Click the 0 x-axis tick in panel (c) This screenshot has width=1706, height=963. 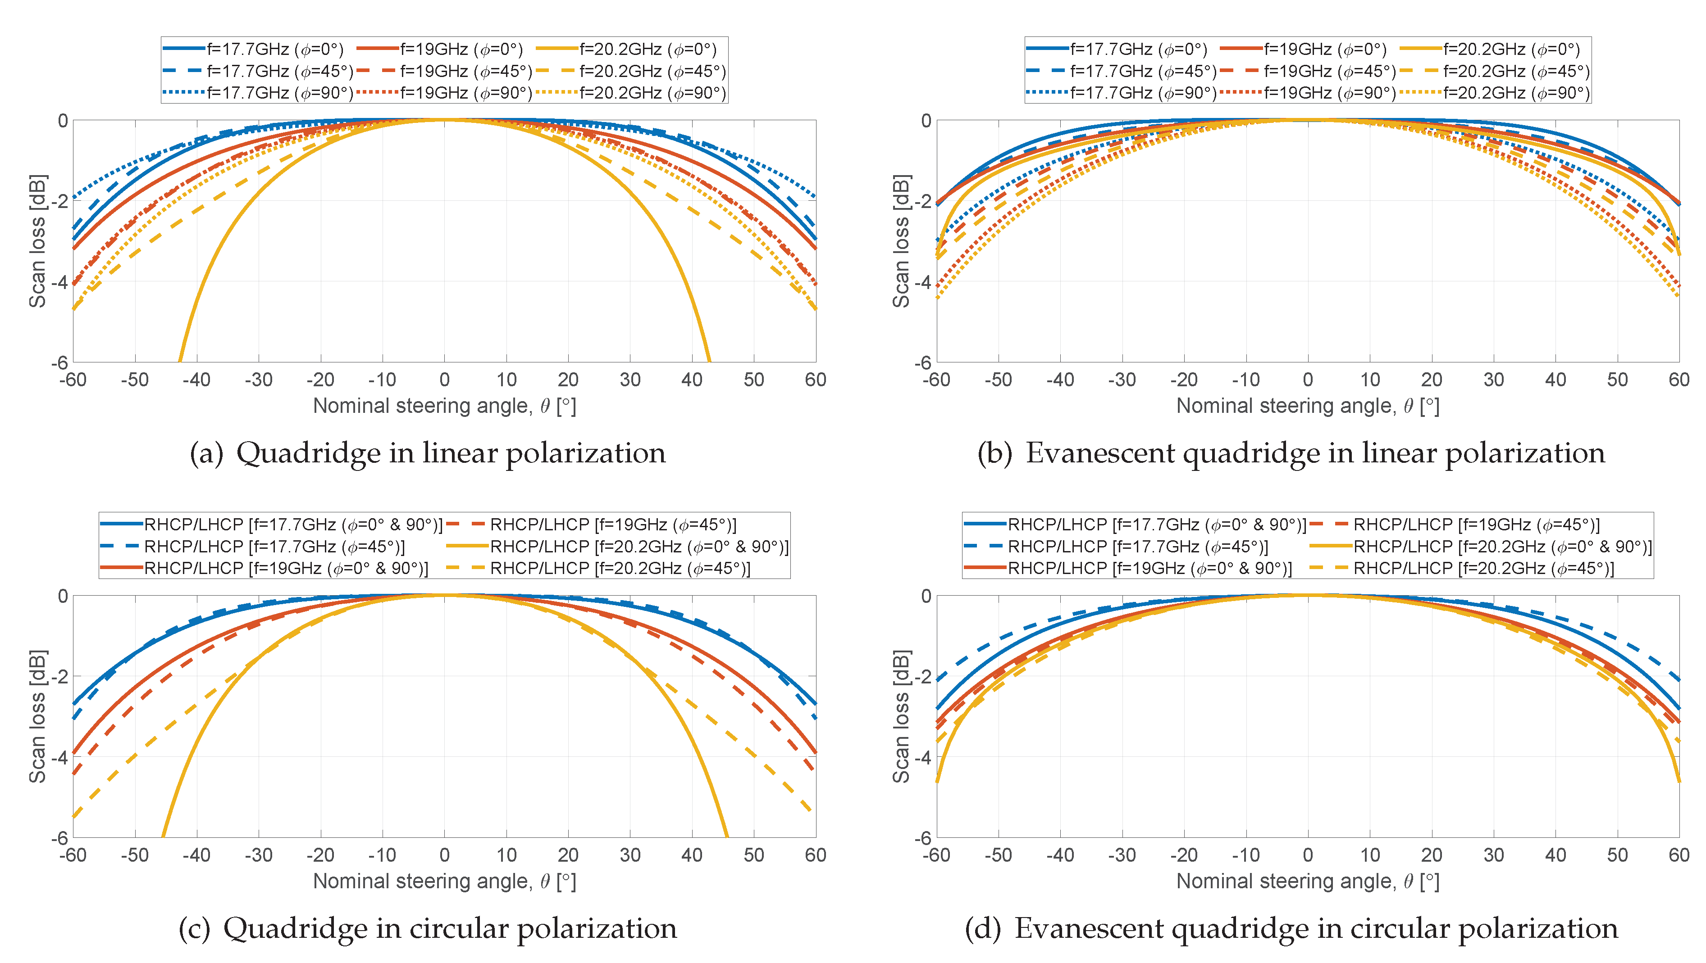tap(444, 854)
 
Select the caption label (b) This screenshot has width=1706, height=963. tap(995, 453)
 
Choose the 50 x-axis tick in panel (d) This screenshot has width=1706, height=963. tap(1617, 854)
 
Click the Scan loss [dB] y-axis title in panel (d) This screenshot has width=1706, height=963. tap(901, 716)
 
